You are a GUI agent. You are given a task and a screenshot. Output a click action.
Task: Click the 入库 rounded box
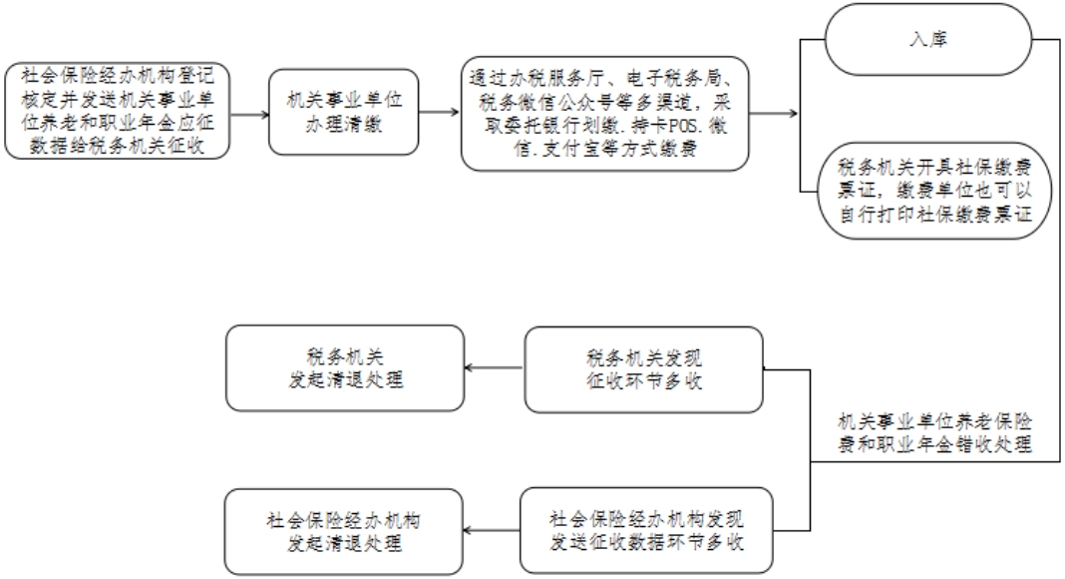point(927,39)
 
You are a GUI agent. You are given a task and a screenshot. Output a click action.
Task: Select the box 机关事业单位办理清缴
point(344,112)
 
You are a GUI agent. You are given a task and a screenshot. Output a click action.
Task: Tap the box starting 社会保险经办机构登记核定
point(118,112)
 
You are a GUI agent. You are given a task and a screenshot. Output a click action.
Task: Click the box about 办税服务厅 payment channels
point(605,114)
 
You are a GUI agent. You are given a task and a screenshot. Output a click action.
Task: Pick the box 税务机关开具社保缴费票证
point(934,191)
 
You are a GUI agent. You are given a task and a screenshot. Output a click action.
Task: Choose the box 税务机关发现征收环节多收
point(644,369)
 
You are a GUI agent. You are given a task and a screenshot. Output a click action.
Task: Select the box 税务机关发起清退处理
point(345,368)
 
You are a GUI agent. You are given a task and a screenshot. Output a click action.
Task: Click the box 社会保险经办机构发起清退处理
point(344,532)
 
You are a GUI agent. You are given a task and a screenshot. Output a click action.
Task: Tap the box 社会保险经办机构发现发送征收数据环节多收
point(646,531)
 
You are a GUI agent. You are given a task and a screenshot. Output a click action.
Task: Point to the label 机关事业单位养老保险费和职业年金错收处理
point(934,433)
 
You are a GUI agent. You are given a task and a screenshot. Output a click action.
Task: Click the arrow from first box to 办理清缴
point(250,114)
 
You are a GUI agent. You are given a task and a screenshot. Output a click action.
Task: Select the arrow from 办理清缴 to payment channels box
point(440,112)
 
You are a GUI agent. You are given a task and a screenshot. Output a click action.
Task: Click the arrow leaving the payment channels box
point(774,114)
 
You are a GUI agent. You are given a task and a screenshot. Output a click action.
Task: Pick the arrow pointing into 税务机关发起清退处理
point(495,369)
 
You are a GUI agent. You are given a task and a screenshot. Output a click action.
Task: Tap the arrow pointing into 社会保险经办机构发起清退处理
point(492,531)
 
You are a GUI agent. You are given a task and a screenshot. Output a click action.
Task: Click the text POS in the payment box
point(683,127)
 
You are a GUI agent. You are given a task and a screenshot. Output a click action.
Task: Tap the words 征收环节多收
point(644,381)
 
